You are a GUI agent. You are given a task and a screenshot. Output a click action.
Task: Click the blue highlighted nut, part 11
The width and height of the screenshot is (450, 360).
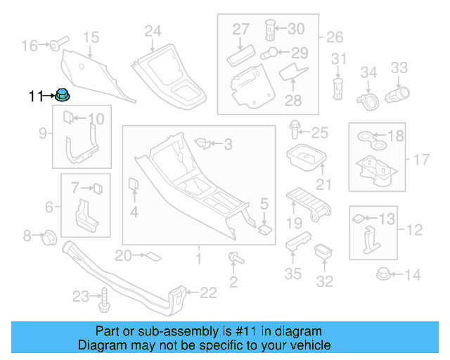[x=61, y=95]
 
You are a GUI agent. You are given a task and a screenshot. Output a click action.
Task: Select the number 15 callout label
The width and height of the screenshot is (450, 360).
[x=91, y=37]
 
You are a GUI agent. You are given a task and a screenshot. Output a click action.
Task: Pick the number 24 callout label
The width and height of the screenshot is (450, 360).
[x=153, y=30]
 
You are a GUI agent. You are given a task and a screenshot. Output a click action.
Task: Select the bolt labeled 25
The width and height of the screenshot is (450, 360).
[x=295, y=131]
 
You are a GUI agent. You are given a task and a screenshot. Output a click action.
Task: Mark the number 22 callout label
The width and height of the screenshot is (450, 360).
[x=209, y=292]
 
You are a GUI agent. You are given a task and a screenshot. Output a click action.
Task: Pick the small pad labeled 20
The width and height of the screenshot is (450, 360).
[x=151, y=256]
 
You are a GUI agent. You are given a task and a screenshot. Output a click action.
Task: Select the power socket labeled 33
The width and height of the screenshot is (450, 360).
[x=397, y=94]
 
